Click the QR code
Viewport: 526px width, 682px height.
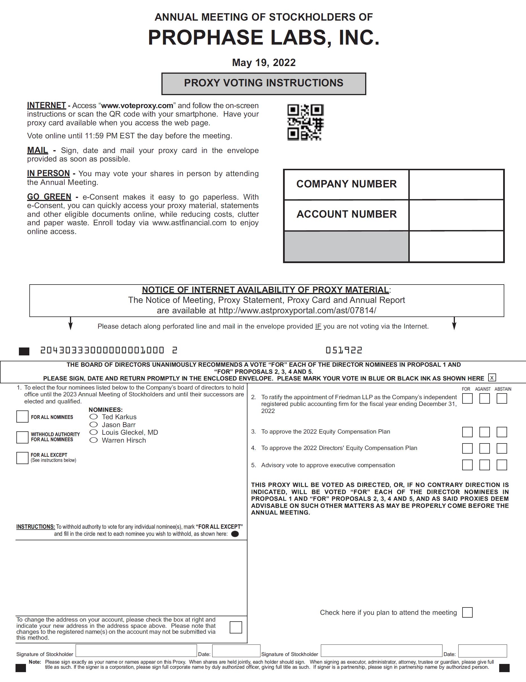click(x=305, y=122)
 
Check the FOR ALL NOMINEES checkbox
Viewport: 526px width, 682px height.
click(x=22, y=417)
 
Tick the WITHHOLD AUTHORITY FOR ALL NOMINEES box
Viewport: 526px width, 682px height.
click(x=22, y=437)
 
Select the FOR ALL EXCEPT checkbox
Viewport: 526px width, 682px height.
click(x=22, y=458)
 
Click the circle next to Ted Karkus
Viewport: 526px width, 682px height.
click(x=94, y=417)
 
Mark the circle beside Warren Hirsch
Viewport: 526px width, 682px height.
click(x=94, y=440)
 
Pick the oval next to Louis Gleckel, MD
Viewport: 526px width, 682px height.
click(x=94, y=432)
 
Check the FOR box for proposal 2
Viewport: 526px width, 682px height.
click(x=467, y=399)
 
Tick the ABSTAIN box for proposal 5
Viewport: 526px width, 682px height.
click(x=502, y=465)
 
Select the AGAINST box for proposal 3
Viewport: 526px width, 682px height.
click(x=485, y=432)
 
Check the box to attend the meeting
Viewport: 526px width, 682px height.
click(x=467, y=612)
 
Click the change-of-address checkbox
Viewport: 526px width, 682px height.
click(x=236, y=627)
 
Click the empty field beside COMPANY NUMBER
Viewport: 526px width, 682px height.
click(x=456, y=185)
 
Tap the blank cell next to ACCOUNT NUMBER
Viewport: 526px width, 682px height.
click(x=456, y=215)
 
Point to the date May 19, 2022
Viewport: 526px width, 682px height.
click(x=264, y=63)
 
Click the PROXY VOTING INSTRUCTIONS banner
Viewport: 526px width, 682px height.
click(x=264, y=83)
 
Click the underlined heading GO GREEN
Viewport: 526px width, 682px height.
click(x=49, y=197)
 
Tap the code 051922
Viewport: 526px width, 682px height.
click(x=344, y=350)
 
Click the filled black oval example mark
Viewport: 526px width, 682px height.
click(x=235, y=534)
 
